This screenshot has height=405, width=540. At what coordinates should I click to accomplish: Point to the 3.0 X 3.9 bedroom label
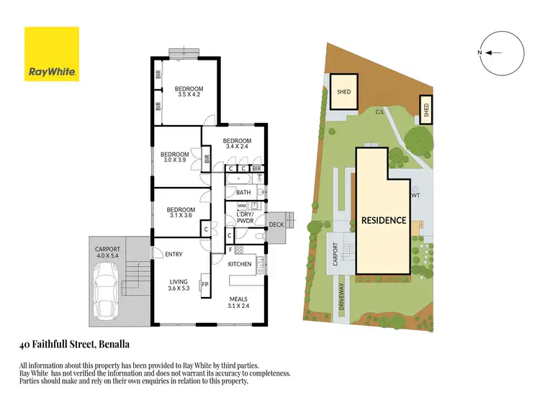(x=174, y=158)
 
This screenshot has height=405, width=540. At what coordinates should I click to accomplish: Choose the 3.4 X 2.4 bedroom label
(x=237, y=144)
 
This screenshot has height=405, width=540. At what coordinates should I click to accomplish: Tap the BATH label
(x=243, y=193)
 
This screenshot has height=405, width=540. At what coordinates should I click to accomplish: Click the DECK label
(x=276, y=224)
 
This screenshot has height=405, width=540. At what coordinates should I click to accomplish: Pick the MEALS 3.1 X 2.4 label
(x=238, y=302)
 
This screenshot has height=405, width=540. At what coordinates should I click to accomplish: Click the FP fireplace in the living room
(x=204, y=283)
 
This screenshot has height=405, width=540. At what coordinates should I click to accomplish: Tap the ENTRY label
(x=174, y=254)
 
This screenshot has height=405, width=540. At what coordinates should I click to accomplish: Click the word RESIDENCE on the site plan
(x=383, y=220)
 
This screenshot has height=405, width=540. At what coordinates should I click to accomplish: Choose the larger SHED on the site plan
(x=343, y=92)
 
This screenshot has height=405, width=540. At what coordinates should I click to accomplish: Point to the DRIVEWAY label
(x=343, y=296)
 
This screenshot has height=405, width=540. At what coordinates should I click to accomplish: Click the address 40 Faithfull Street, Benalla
(x=74, y=344)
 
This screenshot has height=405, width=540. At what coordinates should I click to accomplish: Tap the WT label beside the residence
(x=415, y=195)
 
